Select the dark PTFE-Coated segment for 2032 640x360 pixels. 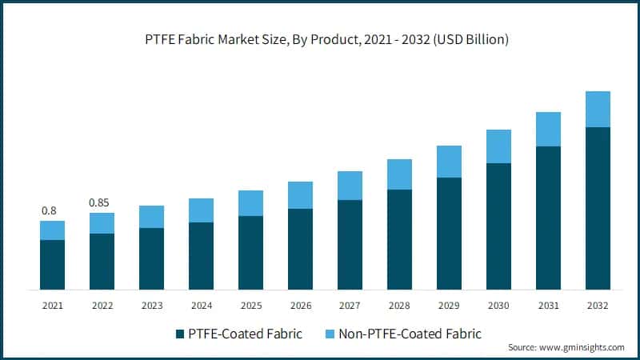(598, 208)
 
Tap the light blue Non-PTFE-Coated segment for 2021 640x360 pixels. (52, 230)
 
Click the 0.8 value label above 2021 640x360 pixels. (49, 211)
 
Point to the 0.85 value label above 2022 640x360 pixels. (99, 202)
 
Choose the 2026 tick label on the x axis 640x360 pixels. (300, 306)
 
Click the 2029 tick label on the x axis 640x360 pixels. (449, 306)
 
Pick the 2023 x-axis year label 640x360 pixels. (151, 306)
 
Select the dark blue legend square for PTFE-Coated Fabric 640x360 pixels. (178, 334)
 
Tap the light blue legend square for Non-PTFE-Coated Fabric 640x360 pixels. (329, 334)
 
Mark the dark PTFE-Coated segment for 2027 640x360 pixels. (350, 245)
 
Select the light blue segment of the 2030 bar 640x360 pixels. (498, 146)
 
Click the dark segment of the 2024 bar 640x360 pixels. (201, 256)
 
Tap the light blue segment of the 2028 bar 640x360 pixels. (399, 174)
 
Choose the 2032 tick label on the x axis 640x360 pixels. (598, 306)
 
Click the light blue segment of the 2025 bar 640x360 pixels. (250, 203)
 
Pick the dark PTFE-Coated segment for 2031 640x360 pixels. (548, 218)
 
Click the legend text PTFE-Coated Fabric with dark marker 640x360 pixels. (246, 334)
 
